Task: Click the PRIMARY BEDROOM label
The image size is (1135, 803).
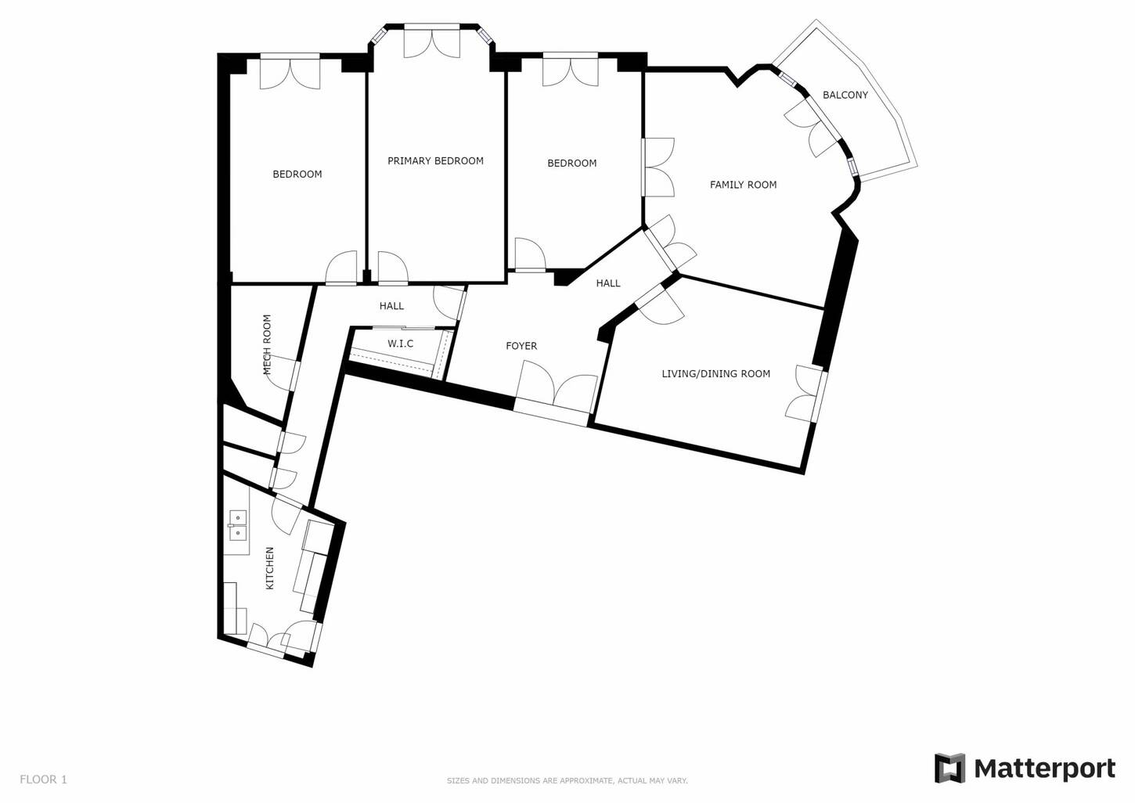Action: pyautogui.click(x=435, y=161)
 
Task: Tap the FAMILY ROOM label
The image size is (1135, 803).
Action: pyautogui.click(x=743, y=185)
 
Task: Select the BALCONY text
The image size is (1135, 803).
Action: pyautogui.click(x=845, y=95)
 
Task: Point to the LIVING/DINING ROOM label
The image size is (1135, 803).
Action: pyautogui.click(x=715, y=374)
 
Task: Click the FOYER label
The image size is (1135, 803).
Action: pyautogui.click(x=521, y=346)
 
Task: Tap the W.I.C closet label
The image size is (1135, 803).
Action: pyautogui.click(x=400, y=344)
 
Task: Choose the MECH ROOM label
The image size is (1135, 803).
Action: pyautogui.click(x=267, y=344)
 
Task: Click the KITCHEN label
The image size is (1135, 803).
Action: pyautogui.click(x=269, y=568)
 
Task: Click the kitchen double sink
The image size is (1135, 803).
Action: pyautogui.click(x=237, y=526)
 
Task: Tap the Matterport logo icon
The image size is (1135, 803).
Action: pyautogui.click(x=950, y=768)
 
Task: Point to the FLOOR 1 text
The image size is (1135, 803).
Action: pyautogui.click(x=43, y=780)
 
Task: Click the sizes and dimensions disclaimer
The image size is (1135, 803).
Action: pyautogui.click(x=567, y=781)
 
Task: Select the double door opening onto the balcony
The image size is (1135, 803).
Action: pyautogui.click(x=814, y=126)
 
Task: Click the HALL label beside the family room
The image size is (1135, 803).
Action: pyautogui.click(x=608, y=283)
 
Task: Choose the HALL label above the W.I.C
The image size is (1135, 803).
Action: pyautogui.click(x=391, y=306)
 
